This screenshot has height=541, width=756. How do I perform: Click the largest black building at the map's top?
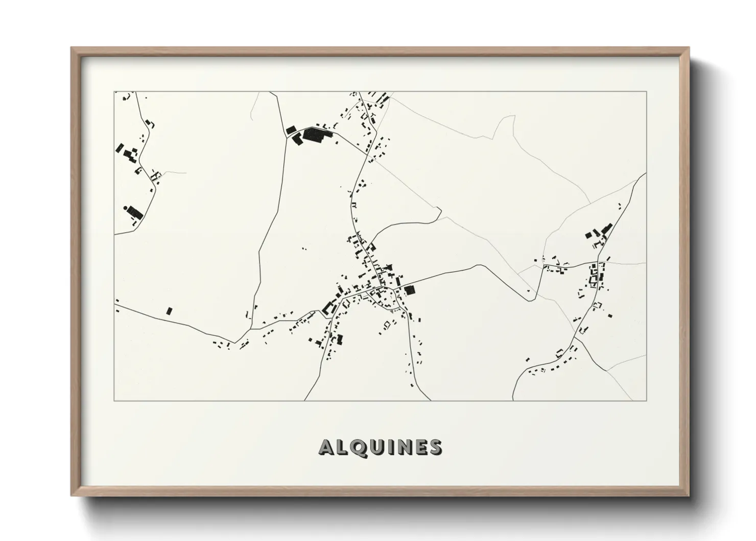tap(317, 135)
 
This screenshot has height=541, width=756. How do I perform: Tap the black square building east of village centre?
tap(410, 290)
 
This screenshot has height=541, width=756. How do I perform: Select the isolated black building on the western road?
tap(170, 310)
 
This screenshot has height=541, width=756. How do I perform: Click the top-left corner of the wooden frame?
tap(72, 48)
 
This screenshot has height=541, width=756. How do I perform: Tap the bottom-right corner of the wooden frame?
tap(689, 495)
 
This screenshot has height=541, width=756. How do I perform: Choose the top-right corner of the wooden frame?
tap(689, 48)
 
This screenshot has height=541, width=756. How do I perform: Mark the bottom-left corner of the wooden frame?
tap(72, 495)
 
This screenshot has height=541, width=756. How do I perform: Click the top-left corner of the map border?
tap(114, 92)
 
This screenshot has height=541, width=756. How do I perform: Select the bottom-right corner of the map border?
tap(647, 400)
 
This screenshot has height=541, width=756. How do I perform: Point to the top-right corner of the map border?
tap(647, 92)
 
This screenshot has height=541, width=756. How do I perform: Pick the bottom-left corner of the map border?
tap(114, 400)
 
